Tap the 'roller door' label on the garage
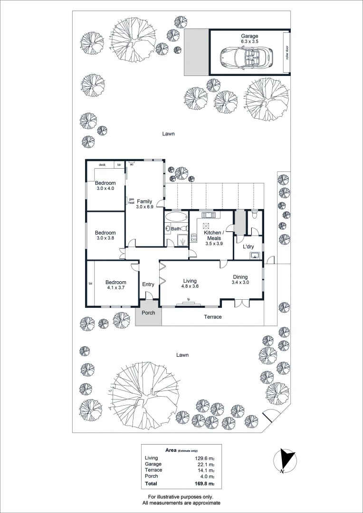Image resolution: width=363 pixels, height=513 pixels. pos(286,52)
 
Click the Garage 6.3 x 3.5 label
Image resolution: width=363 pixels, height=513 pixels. pos(249,39)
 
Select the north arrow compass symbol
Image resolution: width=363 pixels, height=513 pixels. pos(286,461)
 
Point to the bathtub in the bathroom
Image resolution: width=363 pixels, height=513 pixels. pos(176,218)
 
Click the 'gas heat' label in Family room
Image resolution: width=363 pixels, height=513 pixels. pos(131,201)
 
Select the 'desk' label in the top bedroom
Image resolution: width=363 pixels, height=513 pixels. pos(102,165)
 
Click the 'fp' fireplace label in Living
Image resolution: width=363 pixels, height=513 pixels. pos(189,299)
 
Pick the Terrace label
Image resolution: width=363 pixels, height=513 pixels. pos(212,317)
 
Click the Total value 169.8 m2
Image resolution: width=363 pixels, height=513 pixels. pos(205,484)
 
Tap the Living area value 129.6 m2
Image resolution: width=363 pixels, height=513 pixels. pos(205,458)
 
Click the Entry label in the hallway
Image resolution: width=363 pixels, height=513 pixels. pos(148,285)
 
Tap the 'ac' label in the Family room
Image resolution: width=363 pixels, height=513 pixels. pos(132,165)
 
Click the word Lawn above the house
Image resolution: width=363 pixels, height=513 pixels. pos(168,134)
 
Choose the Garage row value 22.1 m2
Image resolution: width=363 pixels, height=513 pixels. pos(206,464)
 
